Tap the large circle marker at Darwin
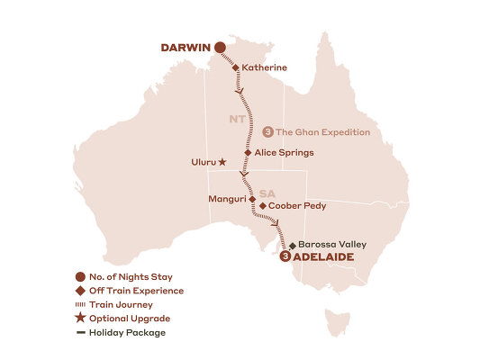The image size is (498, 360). (219, 47)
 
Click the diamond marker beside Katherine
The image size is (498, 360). (236, 67)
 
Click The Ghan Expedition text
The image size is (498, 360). (322, 132)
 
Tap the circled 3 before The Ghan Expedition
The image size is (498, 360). (267, 132)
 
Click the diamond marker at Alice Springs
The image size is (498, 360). (247, 153)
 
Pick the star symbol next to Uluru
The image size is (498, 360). (222, 163)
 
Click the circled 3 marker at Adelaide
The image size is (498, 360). (285, 256)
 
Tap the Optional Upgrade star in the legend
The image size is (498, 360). (83, 319)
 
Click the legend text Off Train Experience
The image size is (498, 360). (137, 291)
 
